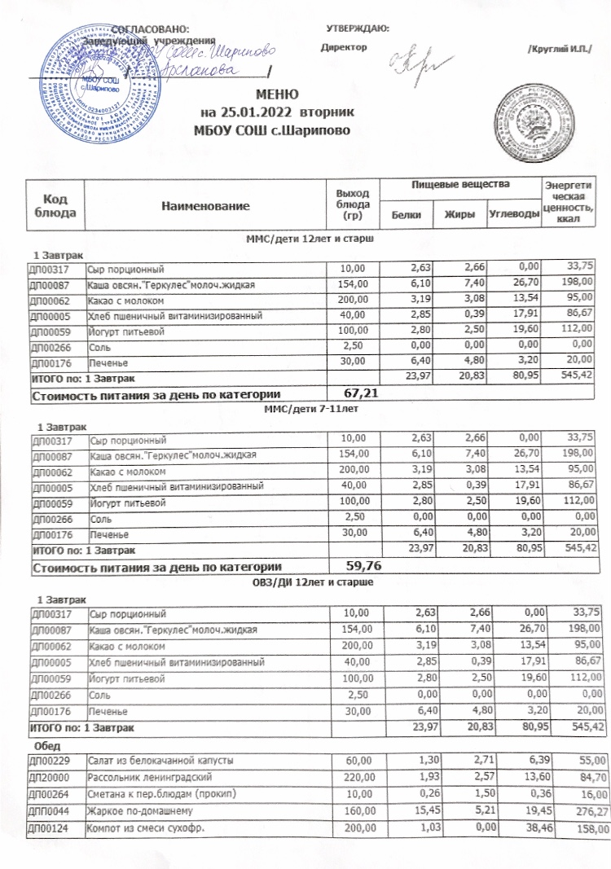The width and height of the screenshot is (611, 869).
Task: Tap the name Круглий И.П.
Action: click(563, 50)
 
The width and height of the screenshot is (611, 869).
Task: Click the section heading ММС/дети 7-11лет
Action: click(314, 409)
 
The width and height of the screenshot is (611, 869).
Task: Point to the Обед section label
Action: click(45, 744)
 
